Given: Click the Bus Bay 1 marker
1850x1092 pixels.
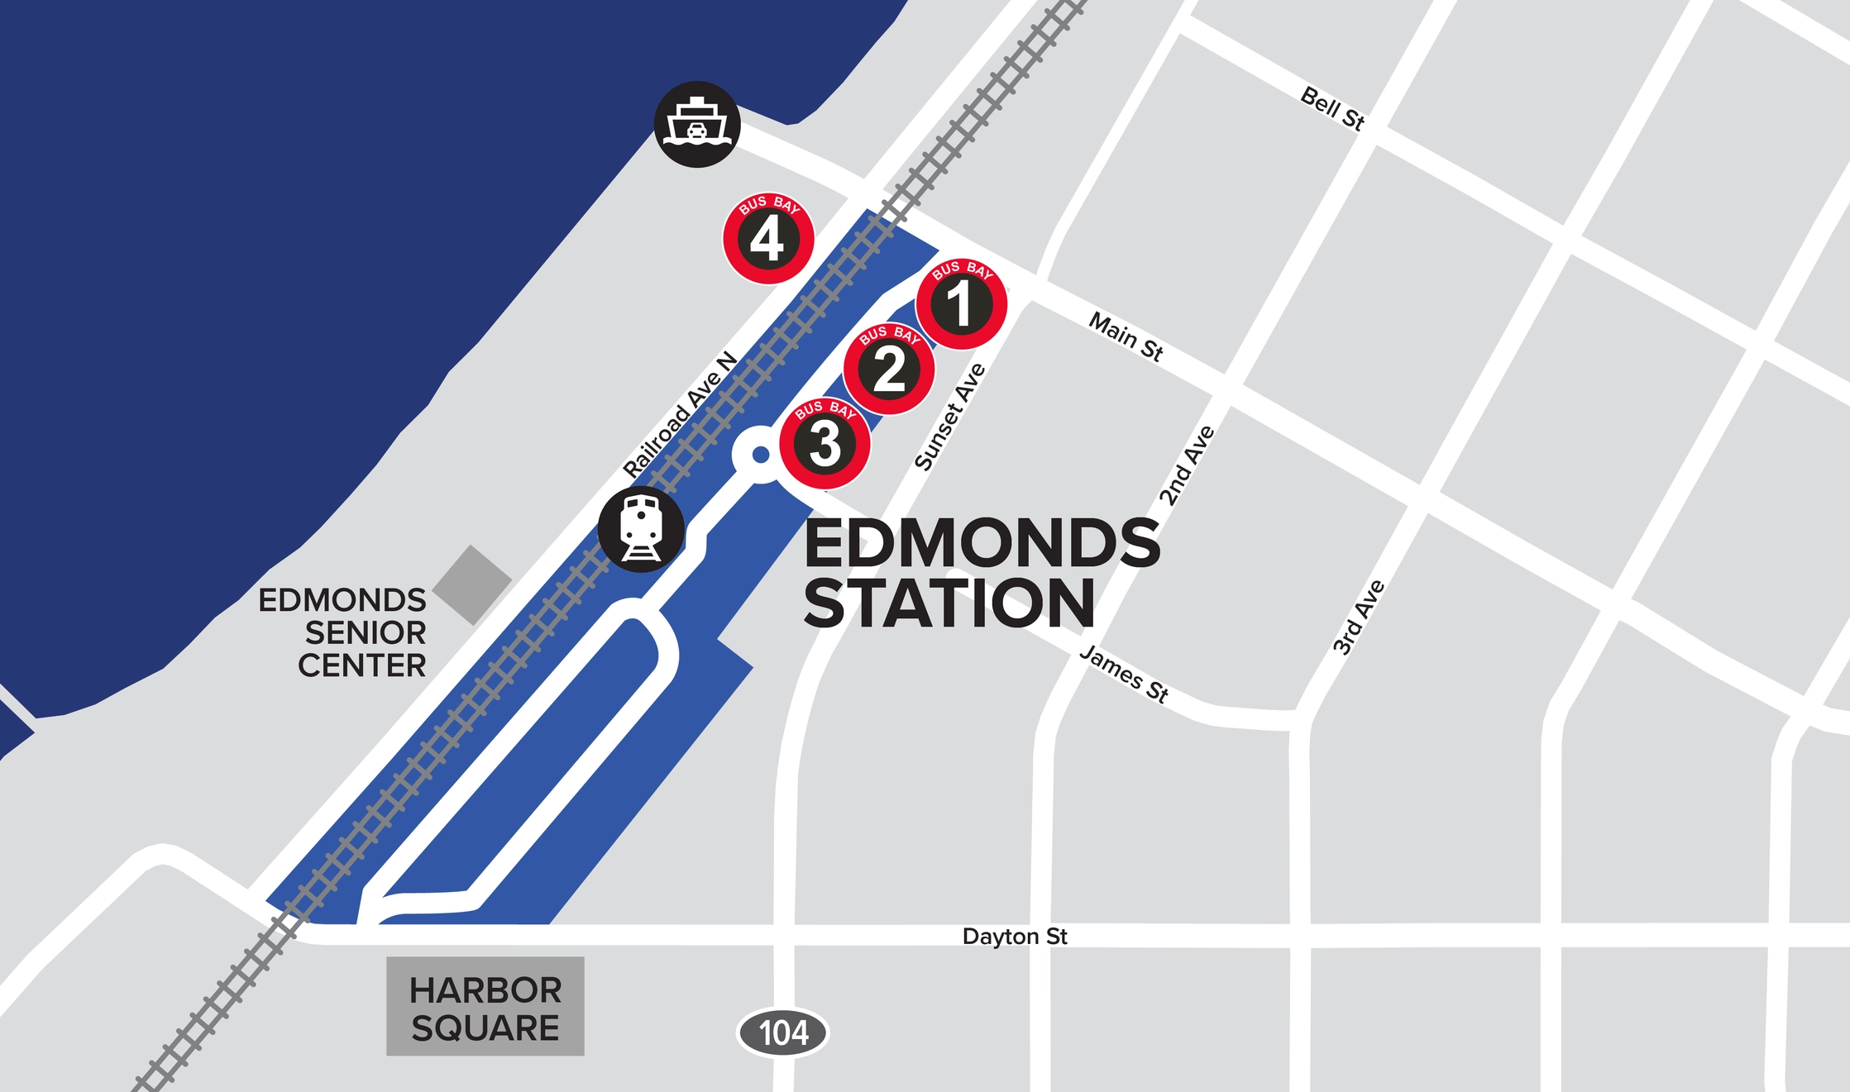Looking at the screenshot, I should tap(961, 303).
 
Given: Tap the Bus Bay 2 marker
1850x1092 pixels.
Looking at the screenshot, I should tap(889, 368).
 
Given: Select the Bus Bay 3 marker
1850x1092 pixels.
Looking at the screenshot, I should tap(825, 443).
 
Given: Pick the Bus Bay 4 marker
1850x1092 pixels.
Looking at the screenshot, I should tap(768, 239).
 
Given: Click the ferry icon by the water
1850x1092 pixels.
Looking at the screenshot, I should tap(697, 125).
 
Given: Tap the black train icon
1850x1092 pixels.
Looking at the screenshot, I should tap(641, 530).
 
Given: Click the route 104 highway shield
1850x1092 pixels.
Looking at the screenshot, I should tap(782, 1032).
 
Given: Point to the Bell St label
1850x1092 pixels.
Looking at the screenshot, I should tap(1332, 108).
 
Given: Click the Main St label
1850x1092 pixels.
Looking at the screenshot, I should tap(1126, 336).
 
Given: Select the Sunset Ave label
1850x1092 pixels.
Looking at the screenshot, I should tap(950, 417).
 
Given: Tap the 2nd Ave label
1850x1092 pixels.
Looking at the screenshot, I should tap(1187, 465).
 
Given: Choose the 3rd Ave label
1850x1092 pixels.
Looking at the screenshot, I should tap(1359, 618).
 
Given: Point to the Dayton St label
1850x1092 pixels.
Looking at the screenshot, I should tap(1015, 937).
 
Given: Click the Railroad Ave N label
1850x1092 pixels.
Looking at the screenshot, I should tap(680, 415).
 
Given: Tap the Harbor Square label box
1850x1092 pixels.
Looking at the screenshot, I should tap(485, 1007).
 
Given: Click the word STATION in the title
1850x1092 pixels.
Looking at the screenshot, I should tap(949, 603).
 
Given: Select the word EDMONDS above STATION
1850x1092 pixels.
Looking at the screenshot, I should tap(982, 543).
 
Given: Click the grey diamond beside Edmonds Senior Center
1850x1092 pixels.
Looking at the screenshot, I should tap(472, 584).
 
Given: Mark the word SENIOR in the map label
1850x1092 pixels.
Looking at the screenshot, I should tap(366, 633).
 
